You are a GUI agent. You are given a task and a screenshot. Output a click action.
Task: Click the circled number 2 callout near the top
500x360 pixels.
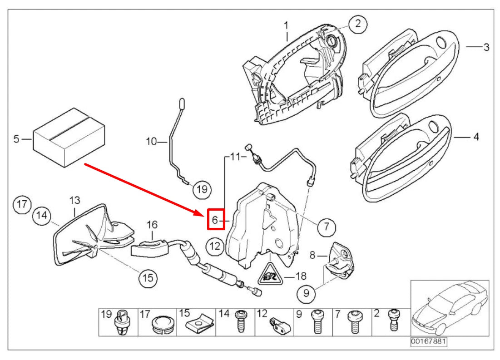357,24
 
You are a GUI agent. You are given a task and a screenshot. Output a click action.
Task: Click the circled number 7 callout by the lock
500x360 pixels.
327,225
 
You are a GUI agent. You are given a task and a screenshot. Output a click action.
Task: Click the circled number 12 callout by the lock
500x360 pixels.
215,247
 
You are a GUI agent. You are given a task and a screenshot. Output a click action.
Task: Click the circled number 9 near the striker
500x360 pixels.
306,294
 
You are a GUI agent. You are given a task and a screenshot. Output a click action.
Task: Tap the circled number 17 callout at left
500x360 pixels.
22,204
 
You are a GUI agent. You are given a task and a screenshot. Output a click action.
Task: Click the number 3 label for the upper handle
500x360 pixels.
485,47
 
